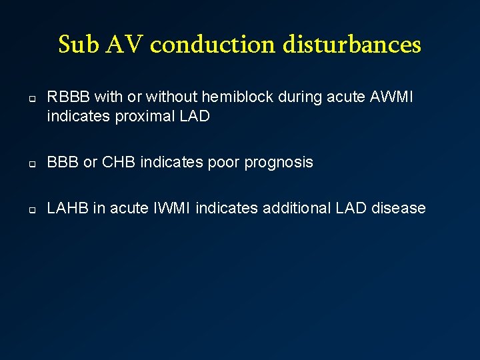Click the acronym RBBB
point(69,97)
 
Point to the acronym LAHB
point(67,209)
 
